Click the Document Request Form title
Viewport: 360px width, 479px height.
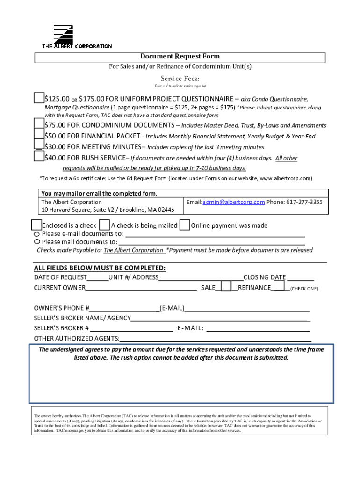coord(180,57)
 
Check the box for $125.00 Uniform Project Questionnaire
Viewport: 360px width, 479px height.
coord(39,98)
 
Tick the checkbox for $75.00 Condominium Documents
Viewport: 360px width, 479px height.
coord(39,124)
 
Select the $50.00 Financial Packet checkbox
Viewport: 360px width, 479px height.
coord(39,135)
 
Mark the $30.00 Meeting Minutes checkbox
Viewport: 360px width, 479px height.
coord(39,146)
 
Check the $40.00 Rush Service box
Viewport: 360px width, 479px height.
coord(39,157)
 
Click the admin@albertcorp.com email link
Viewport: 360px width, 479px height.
coord(233,203)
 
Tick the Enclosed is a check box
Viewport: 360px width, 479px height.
coord(36,225)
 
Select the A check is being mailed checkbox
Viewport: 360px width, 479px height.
coord(104,225)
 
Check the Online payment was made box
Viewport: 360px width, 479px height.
coord(185,225)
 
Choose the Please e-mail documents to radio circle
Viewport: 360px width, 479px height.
coord(37,233)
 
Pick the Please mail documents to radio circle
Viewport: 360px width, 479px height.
coord(37,242)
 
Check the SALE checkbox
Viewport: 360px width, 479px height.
coord(226,286)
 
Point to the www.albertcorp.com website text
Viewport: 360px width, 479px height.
coord(285,179)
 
